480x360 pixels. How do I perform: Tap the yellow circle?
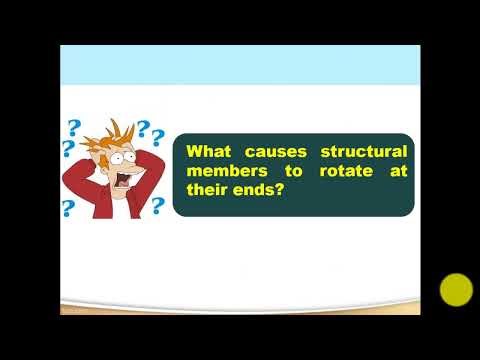point(456,290)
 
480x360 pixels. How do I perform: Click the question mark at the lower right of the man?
point(157,205)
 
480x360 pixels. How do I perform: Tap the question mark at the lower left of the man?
point(69,209)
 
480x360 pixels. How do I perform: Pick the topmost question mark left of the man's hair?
point(73,128)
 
